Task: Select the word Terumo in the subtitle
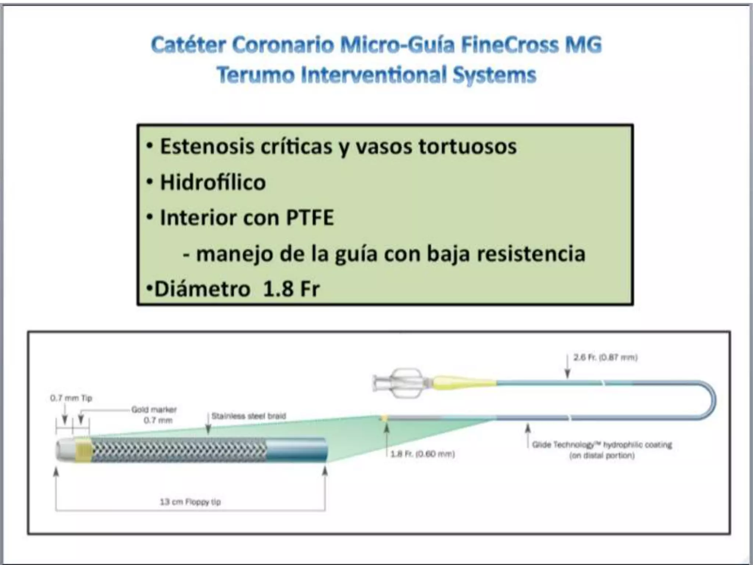pos(255,75)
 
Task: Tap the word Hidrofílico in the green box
pos(213,182)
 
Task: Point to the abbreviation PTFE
pos(310,218)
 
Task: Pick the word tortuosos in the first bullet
pos(467,146)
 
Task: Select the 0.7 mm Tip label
pos(71,398)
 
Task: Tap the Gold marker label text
pos(154,409)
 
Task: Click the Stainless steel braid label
pos(249,416)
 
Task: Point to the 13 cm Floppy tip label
pos(190,502)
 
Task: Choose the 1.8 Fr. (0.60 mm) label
pos(422,454)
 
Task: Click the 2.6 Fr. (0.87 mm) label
pos(605,357)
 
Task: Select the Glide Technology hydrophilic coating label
pos(602,445)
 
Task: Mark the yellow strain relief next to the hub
pos(463,383)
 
